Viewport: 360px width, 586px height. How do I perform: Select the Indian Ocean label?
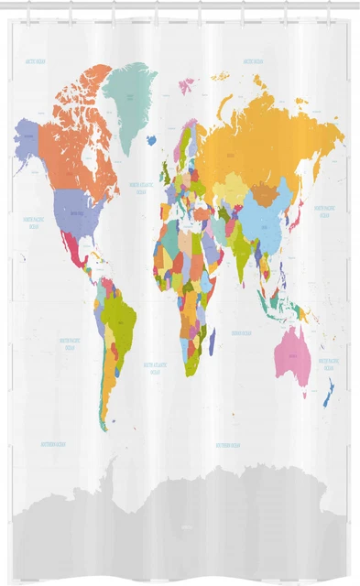tap(242, 333)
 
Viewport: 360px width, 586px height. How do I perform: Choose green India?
tap(241, 247)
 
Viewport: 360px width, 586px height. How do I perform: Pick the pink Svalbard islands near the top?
tap(187, 85)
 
